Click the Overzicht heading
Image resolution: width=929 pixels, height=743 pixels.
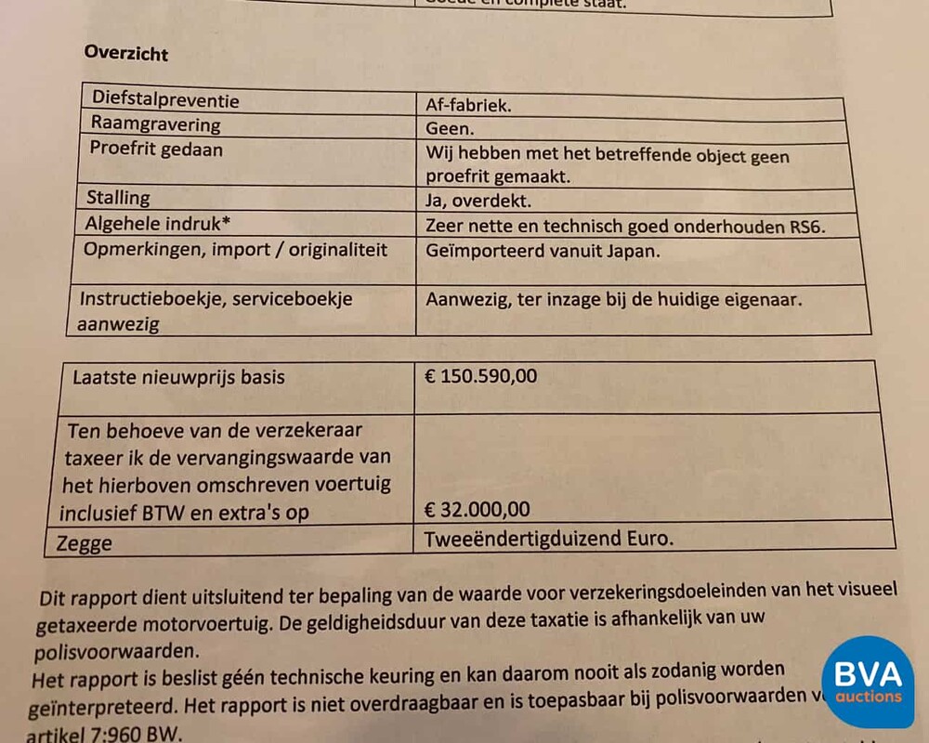(126, 53)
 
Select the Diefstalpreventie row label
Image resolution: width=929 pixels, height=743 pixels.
(164, 100)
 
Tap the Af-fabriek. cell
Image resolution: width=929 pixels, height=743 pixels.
(469, 106)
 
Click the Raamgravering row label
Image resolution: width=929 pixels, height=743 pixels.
(155, 124)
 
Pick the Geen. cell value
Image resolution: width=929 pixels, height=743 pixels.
(450, 130)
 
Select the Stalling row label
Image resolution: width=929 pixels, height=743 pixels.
(118, 198)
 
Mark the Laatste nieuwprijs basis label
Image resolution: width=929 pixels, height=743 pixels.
(178, 378)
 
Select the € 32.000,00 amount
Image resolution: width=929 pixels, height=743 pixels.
(478, 510)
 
